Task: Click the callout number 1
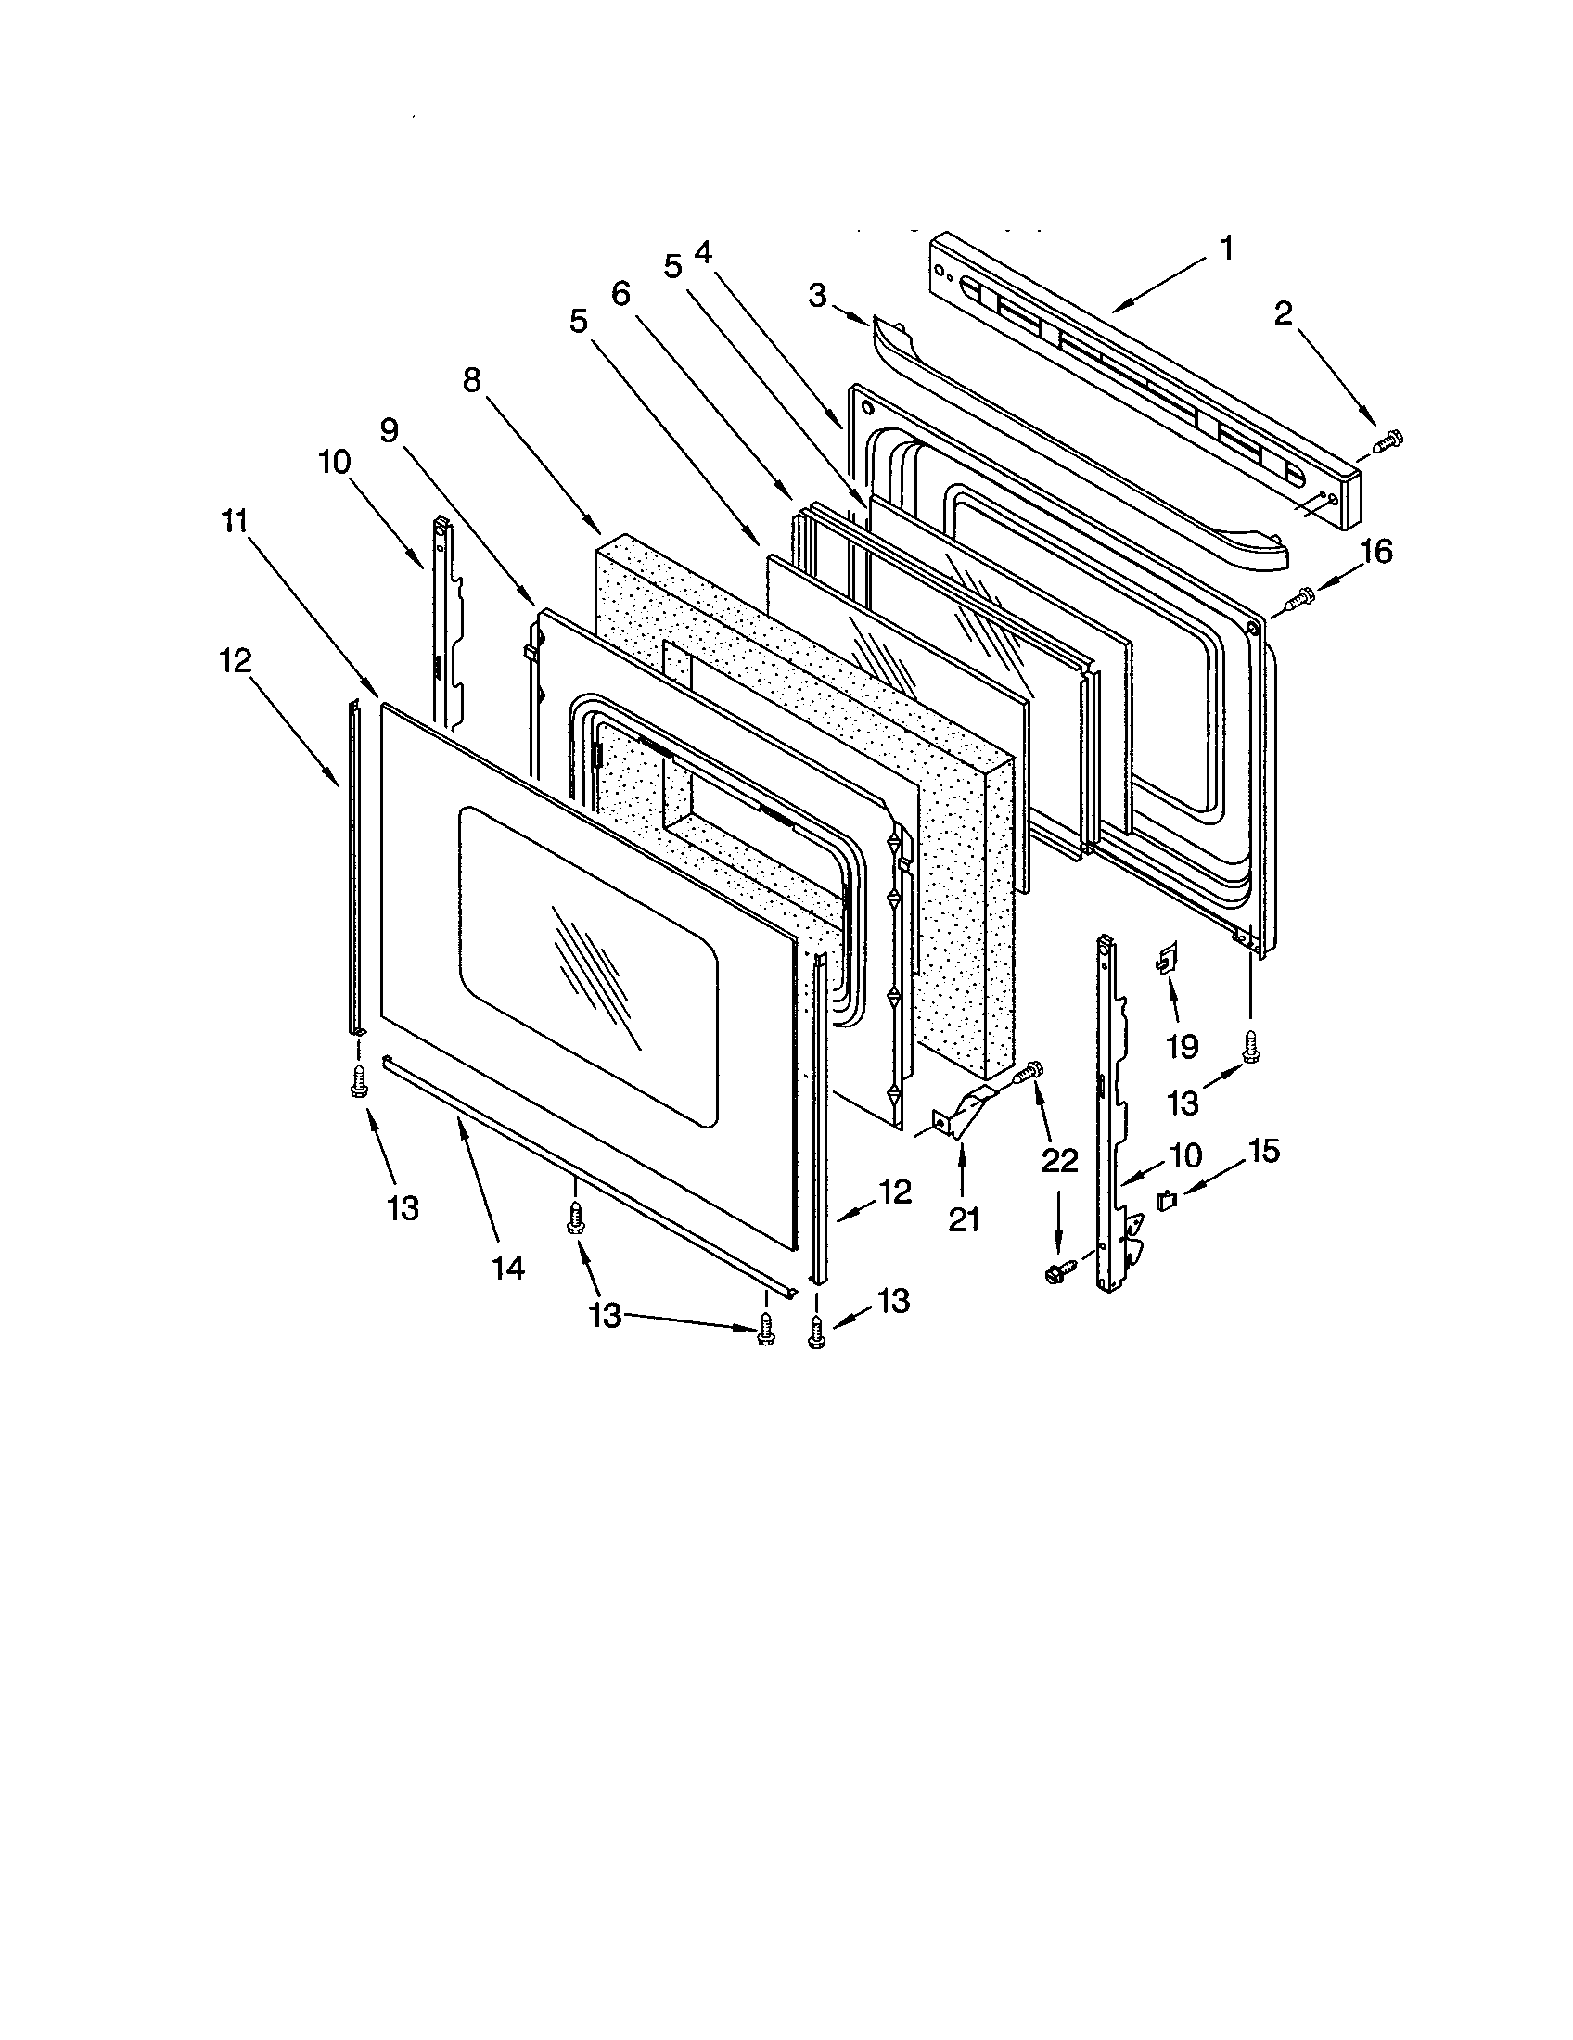pos(1227,249)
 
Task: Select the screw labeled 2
pos(1390,438)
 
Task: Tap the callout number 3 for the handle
pos(817,296)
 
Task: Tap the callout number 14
pos(509,1268)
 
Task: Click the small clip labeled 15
pos(1167,1202)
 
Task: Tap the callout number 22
pos(1059,1161)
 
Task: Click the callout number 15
pos(1263,1151)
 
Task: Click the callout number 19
pos(1182,1046)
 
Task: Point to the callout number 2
pos(1284,313)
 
